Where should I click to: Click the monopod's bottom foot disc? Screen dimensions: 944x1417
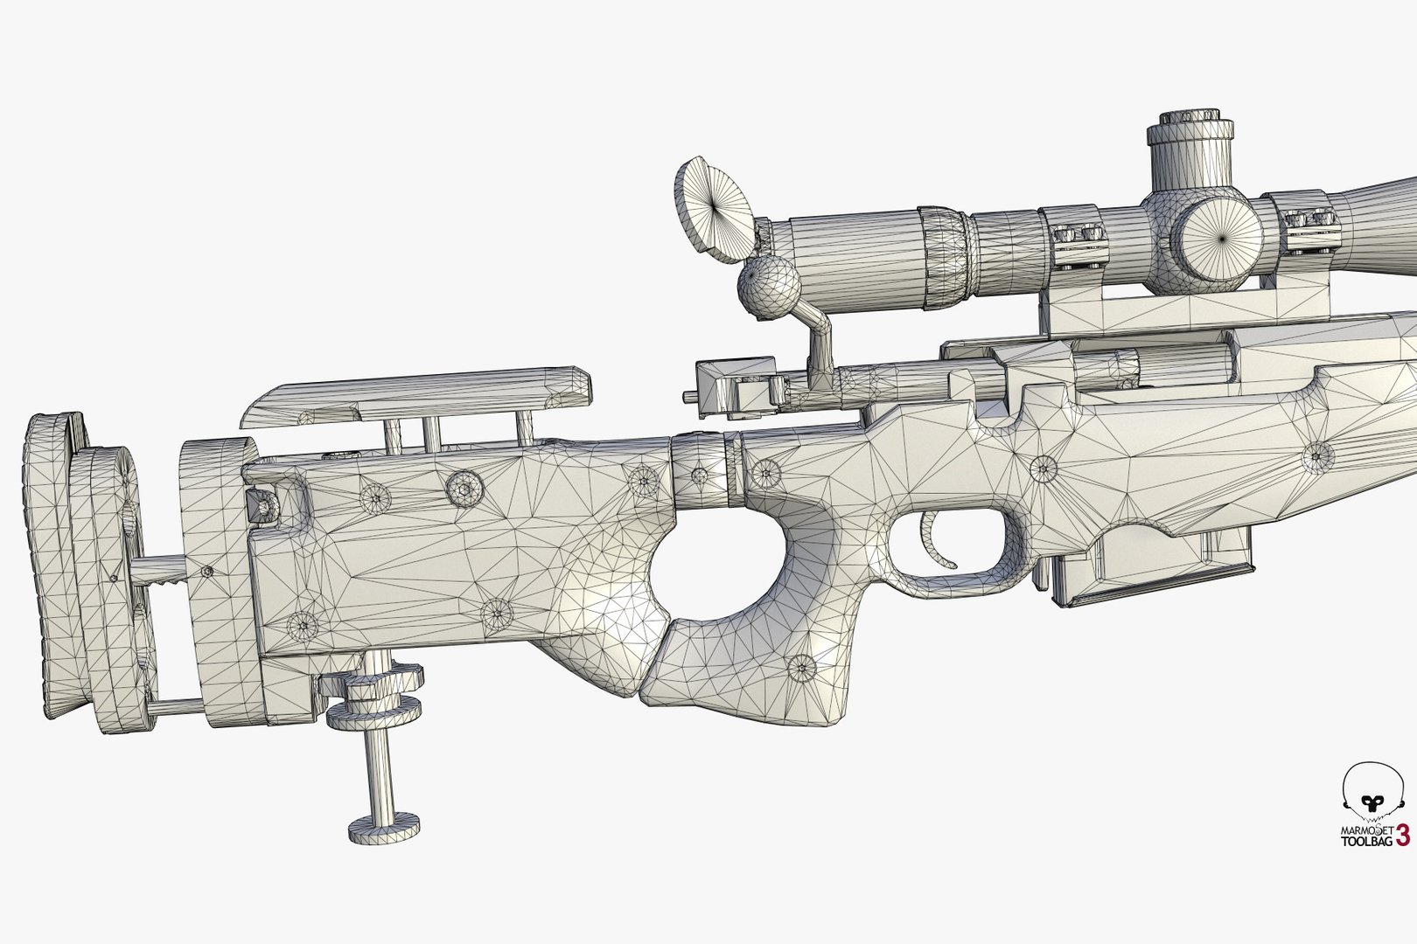point(383,827)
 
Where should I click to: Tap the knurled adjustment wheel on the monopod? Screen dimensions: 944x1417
point(376,695)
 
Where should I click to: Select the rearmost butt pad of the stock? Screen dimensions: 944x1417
point(52,559)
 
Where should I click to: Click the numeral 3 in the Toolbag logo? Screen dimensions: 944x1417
point(1402,835)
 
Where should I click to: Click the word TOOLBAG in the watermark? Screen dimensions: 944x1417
point(1367,842)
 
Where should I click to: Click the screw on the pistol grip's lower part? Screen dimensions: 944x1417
point(800,670)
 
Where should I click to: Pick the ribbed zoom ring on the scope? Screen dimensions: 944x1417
point(944,257)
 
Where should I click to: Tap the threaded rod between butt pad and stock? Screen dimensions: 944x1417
point(166,572)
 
